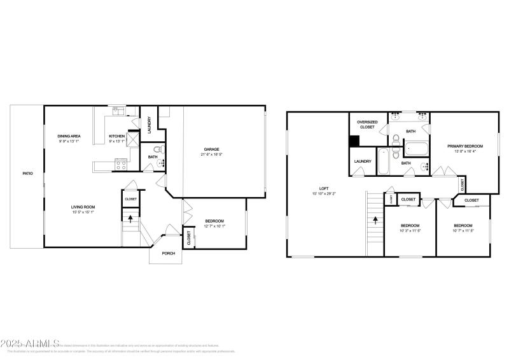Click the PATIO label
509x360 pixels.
coord(28,173)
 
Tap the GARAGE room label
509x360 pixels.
coord(211,149)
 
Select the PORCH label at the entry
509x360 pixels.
coord(169,253)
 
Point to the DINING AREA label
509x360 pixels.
coord(69,135)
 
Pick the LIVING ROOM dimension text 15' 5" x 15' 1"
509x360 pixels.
coord(83,212)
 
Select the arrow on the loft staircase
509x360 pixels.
coord(375,221)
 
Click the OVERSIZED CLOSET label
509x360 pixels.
coord(368,124)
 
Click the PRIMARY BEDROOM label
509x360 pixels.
coord(465,146)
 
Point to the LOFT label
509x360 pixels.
coord(324,188)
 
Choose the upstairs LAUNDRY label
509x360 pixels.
coord(363,162)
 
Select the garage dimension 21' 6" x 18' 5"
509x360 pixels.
coord(211,154)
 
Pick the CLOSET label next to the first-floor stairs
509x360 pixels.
coord(130,199)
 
